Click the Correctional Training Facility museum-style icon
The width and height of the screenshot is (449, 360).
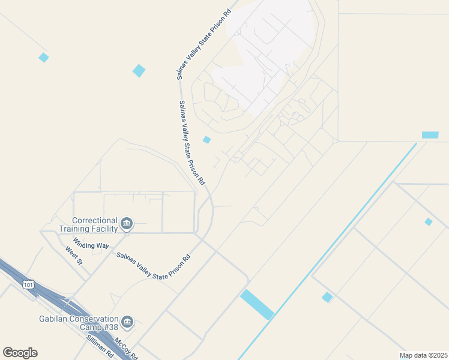[126, 224]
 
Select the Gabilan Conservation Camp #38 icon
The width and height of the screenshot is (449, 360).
[127, 323]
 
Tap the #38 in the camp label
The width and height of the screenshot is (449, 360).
[109, 328]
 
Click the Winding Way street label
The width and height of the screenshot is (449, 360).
[91, 245]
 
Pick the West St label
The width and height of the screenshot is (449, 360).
[73, 254]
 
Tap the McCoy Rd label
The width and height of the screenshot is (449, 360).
[127, 349]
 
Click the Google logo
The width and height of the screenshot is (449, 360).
[20, 352]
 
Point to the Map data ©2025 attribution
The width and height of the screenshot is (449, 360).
[423, 355]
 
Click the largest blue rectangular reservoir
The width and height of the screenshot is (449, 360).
[257, 304]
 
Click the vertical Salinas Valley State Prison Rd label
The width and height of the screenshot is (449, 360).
[192, 142]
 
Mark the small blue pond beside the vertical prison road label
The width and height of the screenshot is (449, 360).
[206, 140]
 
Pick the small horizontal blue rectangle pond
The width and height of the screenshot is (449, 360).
[430, 135]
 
